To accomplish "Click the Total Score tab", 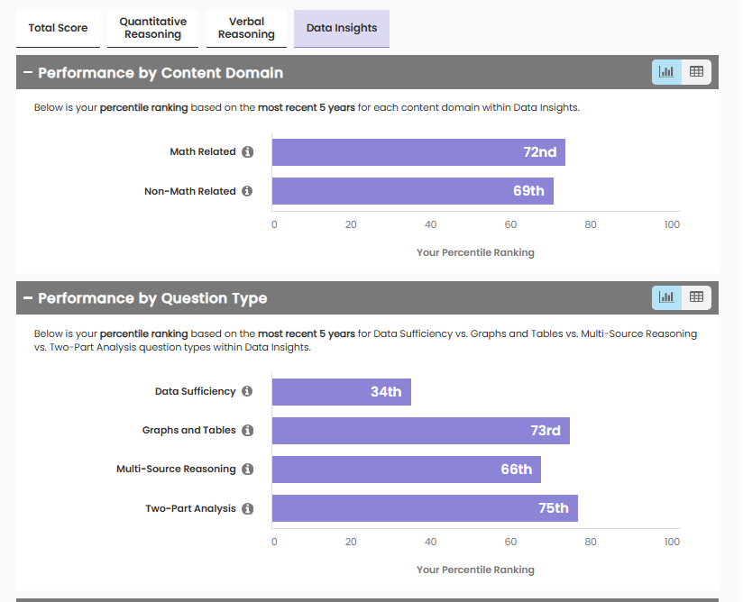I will tap(58, 28).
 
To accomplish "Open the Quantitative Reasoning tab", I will tap(153, 28).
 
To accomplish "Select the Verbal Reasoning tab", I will tap(246, 28).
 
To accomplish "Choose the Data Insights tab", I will tap(342, 28).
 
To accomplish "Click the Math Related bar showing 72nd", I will tap(418, 152).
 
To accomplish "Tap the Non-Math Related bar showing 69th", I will tap(412, 191).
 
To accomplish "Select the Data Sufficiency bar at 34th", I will tap(341, 392).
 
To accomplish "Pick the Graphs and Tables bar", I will tap(420, 431).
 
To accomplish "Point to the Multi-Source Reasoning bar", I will tap(406, 470).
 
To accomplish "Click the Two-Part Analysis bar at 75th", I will tap(425, 508).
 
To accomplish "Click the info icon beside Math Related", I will tap(248, 152).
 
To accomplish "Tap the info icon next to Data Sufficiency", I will tap(248, 392).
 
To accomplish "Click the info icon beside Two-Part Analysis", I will tap(248, 509).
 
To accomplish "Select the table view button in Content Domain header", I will tap(696, 72).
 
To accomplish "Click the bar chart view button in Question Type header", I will tap(666, 296).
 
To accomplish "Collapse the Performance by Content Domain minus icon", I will tap(28, 73).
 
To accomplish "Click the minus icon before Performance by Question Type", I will tap(28, 298).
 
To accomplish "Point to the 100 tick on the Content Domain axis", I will tap(672, 224).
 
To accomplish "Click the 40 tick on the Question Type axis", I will tap(431, 542).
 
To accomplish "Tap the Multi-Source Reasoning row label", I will tap(176, 470).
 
